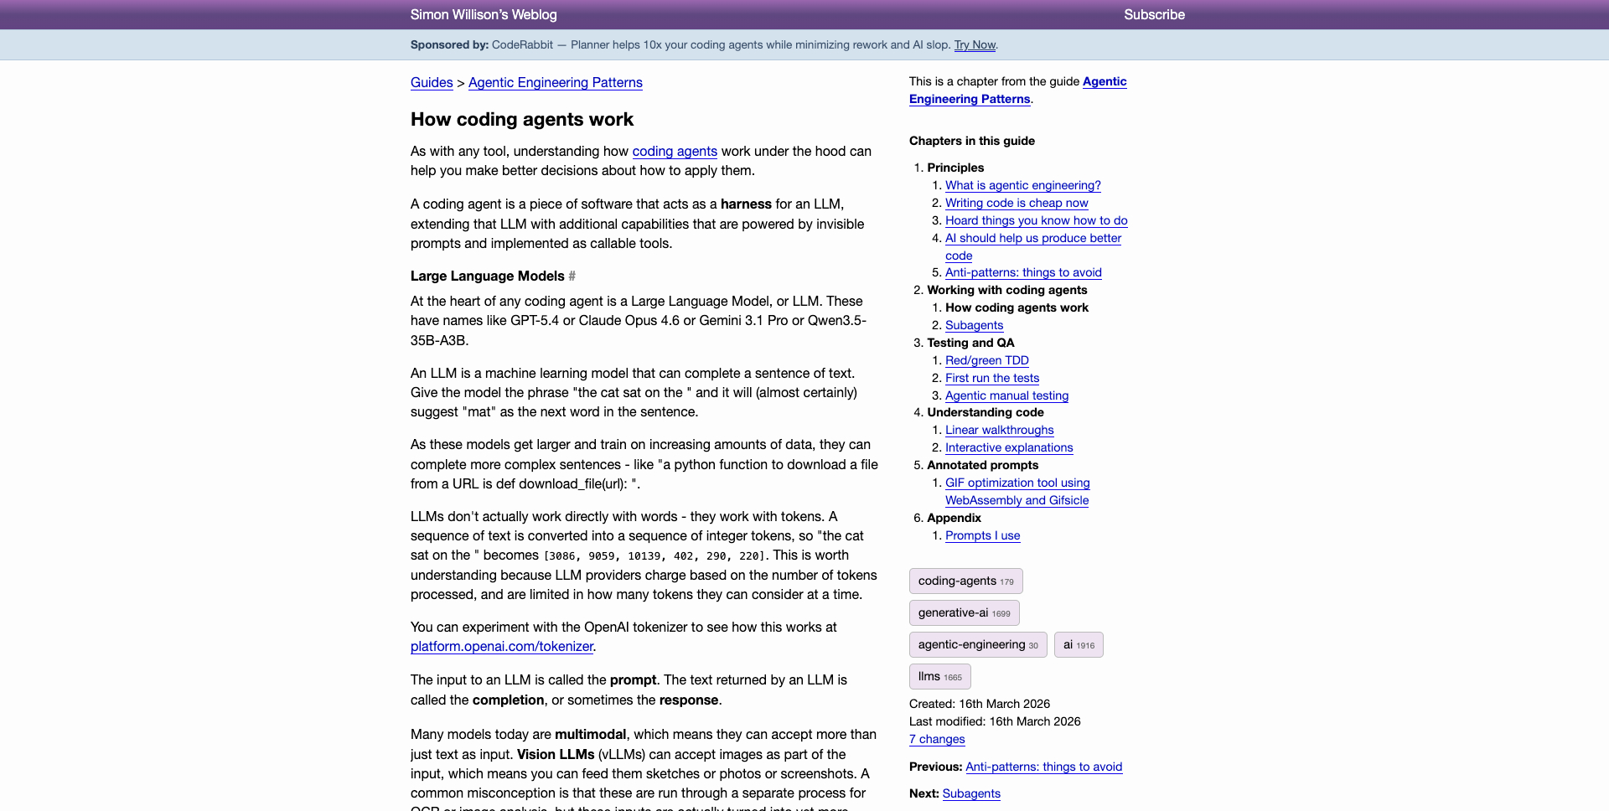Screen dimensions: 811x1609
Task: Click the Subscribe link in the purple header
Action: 1154,14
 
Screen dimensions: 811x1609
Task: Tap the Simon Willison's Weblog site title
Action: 484,14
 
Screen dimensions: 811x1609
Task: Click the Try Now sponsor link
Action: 975,44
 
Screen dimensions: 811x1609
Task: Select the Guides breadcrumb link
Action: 432,82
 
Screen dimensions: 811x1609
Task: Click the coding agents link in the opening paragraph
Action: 675,151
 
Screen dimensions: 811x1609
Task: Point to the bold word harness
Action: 746,204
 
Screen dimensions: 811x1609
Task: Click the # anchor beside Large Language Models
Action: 572,276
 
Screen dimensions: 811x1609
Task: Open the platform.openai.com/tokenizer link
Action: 502,646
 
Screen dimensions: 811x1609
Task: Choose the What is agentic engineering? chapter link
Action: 1022,185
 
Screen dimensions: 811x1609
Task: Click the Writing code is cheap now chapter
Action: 1017,203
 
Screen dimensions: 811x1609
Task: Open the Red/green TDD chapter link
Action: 986,360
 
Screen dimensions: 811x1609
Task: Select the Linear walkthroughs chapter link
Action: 999,430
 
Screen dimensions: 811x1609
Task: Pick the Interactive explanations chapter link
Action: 1009,447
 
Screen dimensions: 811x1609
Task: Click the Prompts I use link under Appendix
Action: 982,535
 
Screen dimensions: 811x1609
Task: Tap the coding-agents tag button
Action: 965,581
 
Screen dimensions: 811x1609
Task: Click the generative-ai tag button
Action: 964,612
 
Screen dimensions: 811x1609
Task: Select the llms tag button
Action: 939,676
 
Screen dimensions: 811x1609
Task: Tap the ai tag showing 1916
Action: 1079,644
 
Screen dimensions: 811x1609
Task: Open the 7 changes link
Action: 937,739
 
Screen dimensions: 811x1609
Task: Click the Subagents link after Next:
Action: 971,793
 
